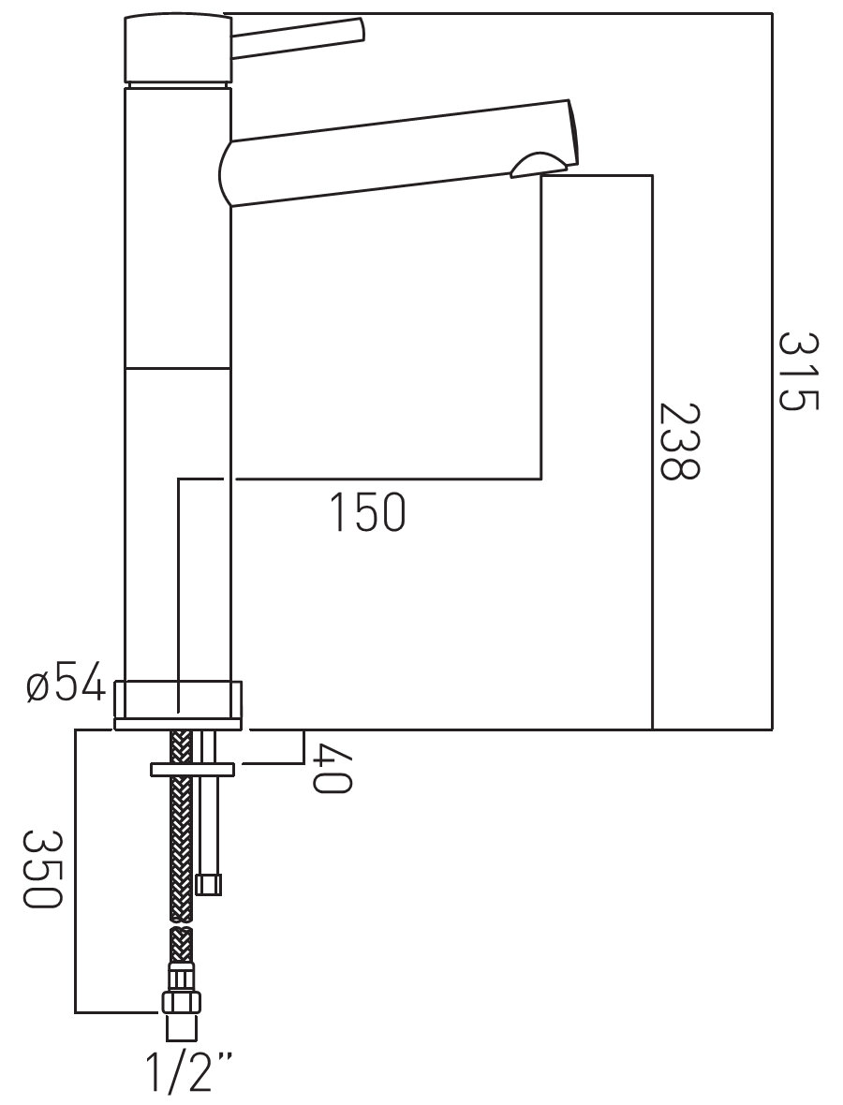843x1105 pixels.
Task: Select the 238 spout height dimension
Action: pyautogui.click(x=679, y=441)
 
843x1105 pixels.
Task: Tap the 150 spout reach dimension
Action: pyautogui.click(x=368, y=512)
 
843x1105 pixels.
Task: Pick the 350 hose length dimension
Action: pyautogui.click(x=43, y=869)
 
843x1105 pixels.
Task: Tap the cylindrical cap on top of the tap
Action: pyautogui.click(x=177, y=48)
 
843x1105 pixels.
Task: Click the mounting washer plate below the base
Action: pyautogui.click(x=192, y=769)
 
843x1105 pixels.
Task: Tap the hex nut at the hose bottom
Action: pyautogui.click(x=183, y=1002)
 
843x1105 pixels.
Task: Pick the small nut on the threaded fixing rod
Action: pyautogui.click(x=209, y=884)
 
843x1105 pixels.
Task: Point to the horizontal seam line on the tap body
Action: pyautogui.click(x=178, y=368)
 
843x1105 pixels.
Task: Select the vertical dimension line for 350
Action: pyautogui.click(x=75, y=871)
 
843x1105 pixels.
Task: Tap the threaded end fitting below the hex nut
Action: pyautogui.click(x=183, y=1027)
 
